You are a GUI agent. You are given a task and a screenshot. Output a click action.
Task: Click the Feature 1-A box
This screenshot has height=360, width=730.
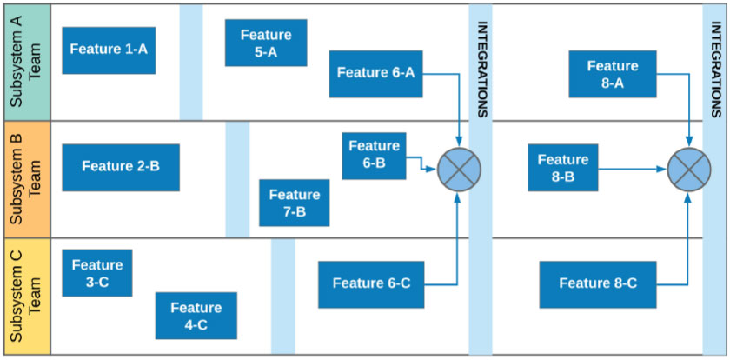109,50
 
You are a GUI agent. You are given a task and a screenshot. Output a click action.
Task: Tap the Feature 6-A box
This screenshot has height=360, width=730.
375,74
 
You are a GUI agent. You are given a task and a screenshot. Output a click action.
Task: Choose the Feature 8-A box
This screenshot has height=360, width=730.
613,74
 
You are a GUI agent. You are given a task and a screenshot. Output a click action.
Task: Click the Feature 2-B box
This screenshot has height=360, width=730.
121,167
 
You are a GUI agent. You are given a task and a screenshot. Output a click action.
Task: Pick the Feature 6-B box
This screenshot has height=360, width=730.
374,155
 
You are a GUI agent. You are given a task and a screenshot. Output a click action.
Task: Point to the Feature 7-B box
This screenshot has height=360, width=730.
295,203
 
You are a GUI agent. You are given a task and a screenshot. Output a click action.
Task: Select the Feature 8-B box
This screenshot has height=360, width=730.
562,168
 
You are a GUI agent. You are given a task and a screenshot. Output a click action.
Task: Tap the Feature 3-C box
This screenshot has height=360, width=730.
97,273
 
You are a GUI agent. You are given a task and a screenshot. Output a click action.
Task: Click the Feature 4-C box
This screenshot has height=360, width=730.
196,316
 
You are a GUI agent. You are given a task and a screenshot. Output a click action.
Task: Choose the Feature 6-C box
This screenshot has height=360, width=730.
371,283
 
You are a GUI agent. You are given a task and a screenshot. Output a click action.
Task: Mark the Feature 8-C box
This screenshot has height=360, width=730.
598,283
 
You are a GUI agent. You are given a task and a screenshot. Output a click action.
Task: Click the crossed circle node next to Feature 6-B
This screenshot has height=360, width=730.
458,169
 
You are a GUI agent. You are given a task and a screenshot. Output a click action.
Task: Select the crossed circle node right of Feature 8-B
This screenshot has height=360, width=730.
688,169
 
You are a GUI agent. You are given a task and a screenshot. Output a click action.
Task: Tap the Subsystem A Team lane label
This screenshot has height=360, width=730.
25,62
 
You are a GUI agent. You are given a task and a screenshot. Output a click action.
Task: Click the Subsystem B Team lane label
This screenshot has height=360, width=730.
25,178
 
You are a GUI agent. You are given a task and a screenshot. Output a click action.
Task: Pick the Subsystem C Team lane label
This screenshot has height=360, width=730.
25,296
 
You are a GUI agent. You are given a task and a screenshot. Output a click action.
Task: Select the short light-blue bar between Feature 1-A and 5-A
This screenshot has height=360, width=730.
191,62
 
